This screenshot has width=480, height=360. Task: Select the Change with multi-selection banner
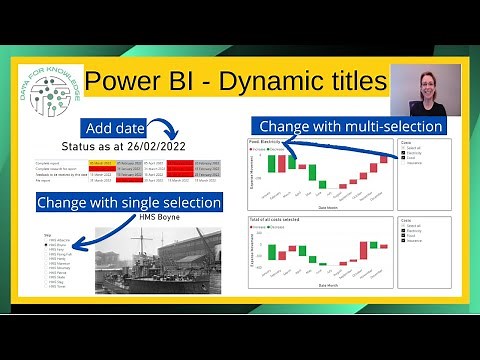349,126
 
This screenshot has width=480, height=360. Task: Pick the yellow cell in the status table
102,163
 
